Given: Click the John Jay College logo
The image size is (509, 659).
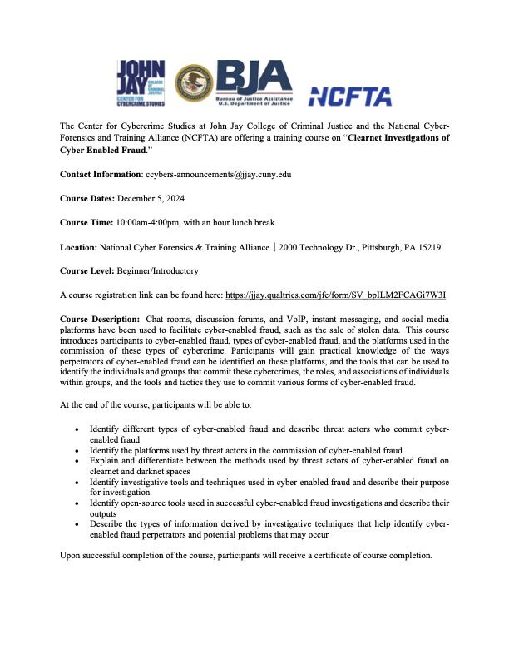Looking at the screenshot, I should point(142,82).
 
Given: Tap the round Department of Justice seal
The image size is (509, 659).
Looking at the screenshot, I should point(193,83).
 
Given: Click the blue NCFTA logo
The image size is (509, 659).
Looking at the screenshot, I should point(349,96).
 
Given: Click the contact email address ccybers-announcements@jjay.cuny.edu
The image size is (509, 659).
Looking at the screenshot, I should point(218,176).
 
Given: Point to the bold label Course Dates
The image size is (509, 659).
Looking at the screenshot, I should point(91,200).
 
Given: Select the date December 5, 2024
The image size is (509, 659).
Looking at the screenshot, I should point(154,200).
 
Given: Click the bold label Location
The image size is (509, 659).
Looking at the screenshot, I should point(78,248).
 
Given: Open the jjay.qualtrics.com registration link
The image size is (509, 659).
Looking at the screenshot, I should point(336,295).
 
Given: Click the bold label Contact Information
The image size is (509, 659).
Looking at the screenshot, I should point(101,176).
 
